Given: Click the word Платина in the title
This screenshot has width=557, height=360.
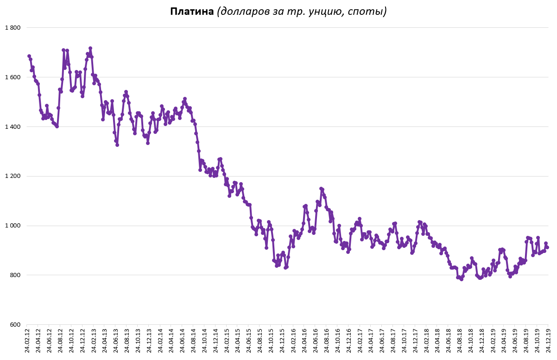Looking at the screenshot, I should click(191, 11).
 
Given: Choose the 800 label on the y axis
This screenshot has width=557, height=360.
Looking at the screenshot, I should click(16, 276).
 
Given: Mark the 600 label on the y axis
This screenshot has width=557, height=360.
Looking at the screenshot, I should click(16, 325).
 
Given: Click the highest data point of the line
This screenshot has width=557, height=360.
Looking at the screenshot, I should click(90, 48).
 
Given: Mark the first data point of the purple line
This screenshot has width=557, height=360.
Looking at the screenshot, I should click(29, 56).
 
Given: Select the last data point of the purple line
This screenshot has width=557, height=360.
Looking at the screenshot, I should click(547, 247).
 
